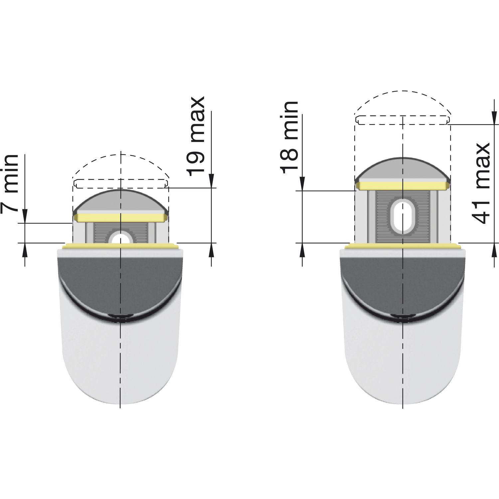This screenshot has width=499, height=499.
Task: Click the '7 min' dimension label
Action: [10, 183]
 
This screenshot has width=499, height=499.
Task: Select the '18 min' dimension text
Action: [289, 137]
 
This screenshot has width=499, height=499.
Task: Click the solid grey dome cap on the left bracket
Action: [120, 201]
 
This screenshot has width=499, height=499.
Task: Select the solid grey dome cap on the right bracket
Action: [403, 169]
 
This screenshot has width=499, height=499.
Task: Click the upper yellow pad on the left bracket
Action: [120, 218]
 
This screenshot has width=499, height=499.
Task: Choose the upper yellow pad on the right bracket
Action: [403, 186]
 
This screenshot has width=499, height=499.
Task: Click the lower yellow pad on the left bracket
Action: [120, 246]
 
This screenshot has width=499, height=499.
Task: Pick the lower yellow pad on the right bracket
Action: [403, 246]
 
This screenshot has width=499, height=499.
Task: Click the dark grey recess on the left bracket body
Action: [120, 283]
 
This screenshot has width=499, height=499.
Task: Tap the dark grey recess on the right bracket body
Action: [403, 283]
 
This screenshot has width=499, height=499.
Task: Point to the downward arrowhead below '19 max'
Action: [211, 181]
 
